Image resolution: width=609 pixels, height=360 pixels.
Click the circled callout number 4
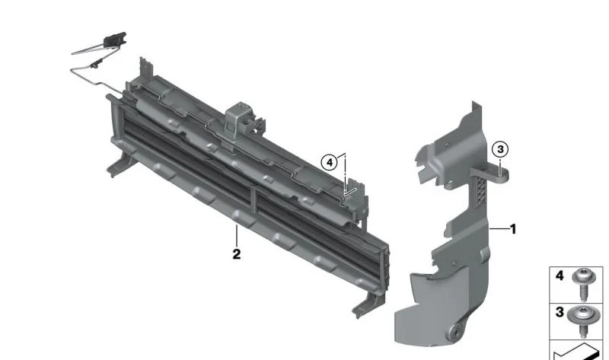tap(330, 162)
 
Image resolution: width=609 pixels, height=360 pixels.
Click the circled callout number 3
tap(500, 149)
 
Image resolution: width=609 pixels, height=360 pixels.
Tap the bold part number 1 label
tap(513, 229)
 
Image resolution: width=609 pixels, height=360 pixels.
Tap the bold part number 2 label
tap(237, 254)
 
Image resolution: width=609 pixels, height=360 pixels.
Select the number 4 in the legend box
tap(560, 276)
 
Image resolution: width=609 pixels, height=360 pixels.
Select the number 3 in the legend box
tap(560, 311)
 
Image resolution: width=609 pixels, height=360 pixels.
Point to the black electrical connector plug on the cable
tap(115, 39)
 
